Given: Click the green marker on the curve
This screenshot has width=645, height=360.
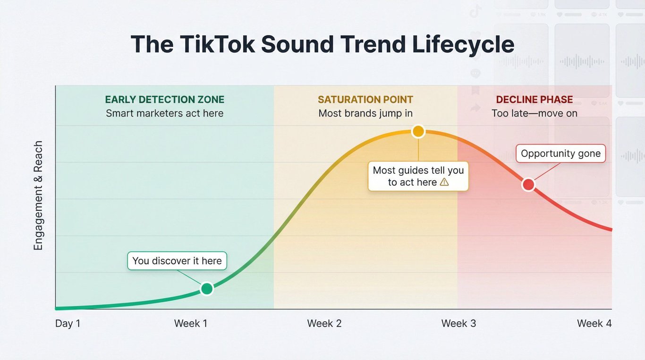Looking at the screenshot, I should click(207, 288).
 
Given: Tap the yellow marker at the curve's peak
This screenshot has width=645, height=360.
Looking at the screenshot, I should click(418, 131).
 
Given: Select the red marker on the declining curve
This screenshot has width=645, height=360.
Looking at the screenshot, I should click(528, 185).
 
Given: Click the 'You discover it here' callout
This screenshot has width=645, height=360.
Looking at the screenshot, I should click(177, 261).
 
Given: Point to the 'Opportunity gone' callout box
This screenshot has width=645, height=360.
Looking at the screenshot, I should click(560, 154).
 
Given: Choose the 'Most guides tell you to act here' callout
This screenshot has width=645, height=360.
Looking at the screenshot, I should click(418, 176).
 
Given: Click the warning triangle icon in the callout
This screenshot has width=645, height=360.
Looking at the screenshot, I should click(444, 182).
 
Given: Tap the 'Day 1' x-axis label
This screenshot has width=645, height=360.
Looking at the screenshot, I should click(68, 324).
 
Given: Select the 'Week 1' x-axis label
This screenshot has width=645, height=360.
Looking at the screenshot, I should click(191, 324).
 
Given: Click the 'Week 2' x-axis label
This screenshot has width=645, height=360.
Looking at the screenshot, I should click(324, 324).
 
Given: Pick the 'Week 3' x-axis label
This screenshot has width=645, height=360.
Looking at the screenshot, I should click(458, 324).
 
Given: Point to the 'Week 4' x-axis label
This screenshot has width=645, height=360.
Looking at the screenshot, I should click(594, 324).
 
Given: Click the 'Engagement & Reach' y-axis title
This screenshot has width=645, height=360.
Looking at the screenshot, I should click(38, 196).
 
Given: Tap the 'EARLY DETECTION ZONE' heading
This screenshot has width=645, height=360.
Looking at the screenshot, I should click(164, 100).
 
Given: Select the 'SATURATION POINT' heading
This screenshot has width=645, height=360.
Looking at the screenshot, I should click(365, 100).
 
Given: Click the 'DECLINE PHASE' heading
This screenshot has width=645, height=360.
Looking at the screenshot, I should click(535, 100).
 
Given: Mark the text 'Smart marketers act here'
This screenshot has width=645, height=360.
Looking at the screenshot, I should click(164, 113).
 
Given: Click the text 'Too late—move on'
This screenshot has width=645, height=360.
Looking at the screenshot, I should click(535, 113).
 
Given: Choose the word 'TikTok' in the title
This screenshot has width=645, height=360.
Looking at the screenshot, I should click(217, 44).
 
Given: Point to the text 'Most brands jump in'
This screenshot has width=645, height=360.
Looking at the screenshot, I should click(365, 113).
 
